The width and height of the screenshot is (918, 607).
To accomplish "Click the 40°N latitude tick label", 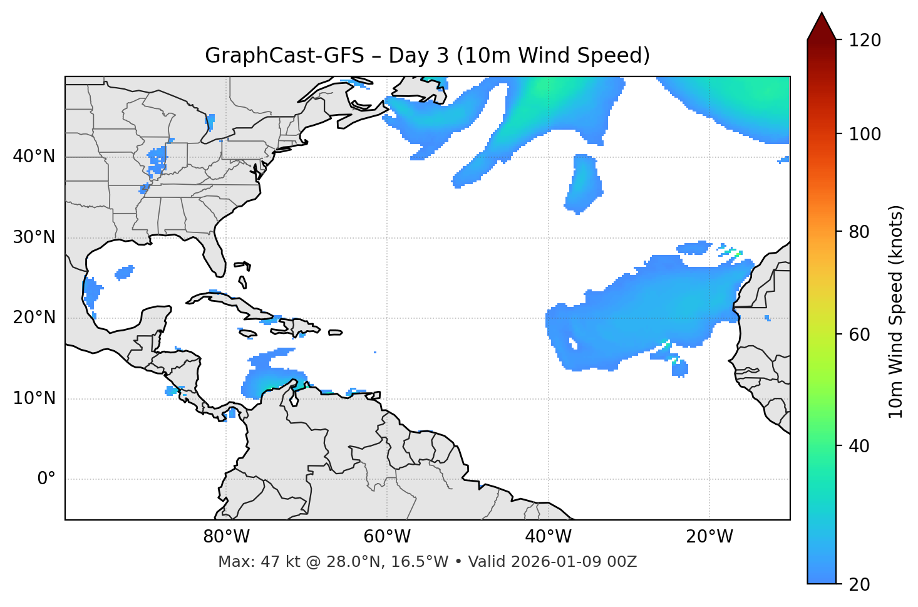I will pos(34,157).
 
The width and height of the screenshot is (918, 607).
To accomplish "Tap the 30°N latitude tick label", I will pos(34,237).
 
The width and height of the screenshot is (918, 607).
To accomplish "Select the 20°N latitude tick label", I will pos(34,318).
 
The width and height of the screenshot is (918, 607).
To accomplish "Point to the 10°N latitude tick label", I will pos(34,398).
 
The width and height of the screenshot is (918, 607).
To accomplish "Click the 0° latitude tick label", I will pos(46,479).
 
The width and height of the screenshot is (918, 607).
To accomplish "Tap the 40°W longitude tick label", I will pos(548,537).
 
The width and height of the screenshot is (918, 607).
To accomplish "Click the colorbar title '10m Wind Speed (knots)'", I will pos(896,312).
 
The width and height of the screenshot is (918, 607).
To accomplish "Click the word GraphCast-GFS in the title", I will pos(284,56).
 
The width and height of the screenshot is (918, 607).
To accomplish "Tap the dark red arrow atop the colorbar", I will pos(822,27).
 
